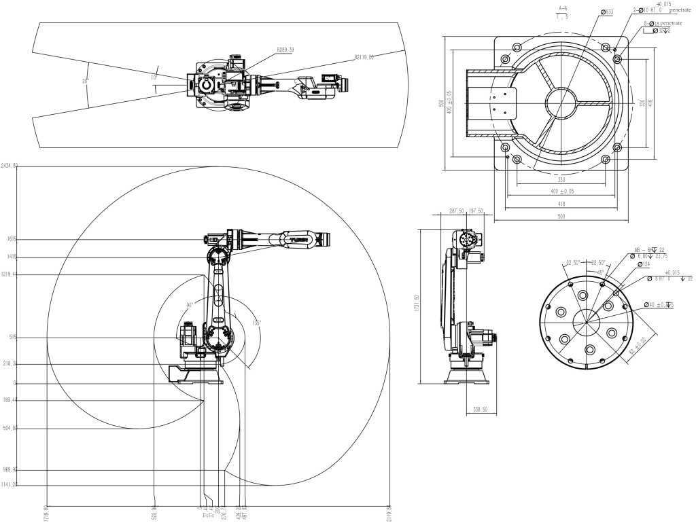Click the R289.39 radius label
pos(285,50)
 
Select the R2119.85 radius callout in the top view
pos(364,58)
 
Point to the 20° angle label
pos(86,81)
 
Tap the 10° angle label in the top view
pos(154,78)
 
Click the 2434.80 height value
pos(10,166)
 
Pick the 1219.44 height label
pos(10,274)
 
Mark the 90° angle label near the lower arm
pos(190,305)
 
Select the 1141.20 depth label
pos(10,485)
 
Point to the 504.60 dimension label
pos(10,429)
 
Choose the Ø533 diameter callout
pos(607,12)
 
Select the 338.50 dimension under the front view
pos(481,410)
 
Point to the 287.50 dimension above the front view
pos(456,211)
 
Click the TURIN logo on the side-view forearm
pos(299,239)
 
